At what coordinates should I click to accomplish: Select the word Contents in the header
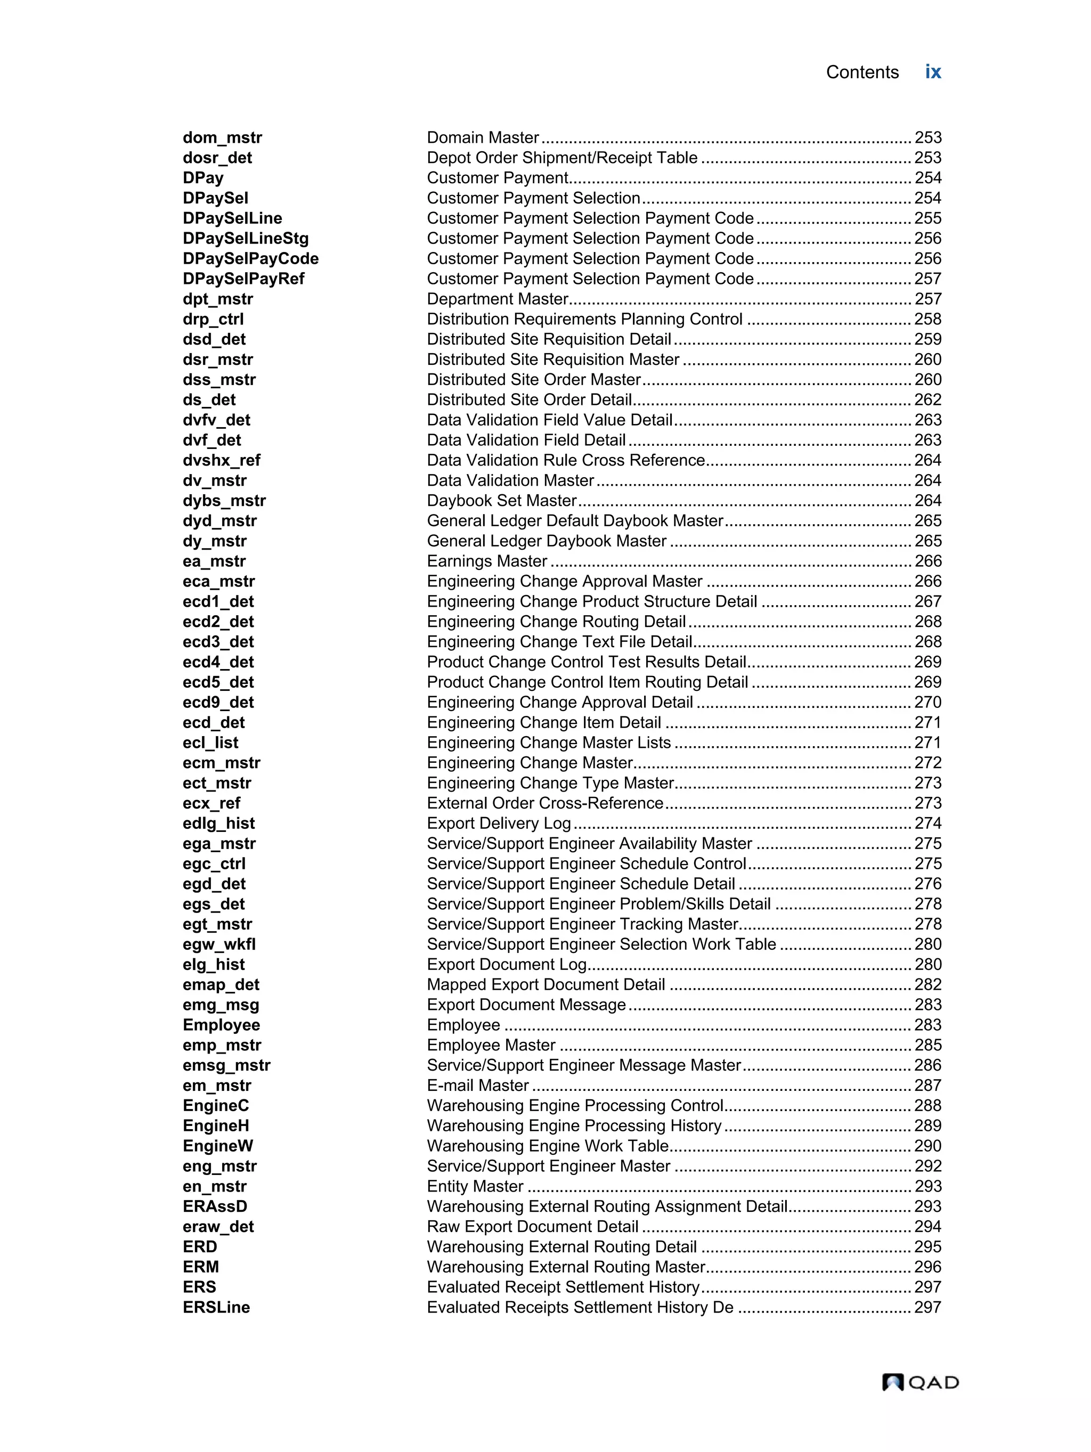[x=861, y=72]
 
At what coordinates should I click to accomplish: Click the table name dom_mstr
[x=222, y=138]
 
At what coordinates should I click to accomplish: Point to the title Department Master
[x=497, y=299]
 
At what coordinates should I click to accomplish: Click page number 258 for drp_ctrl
[x=927, y=319]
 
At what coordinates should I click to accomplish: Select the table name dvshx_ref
[x=221, y=460]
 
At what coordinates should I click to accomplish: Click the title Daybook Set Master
[x=501, y=500]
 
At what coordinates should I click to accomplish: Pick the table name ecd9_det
[x=218, y=703]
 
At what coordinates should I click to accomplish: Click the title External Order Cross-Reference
[x=545, y=803]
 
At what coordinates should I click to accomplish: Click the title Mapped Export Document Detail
[x=545, y=985]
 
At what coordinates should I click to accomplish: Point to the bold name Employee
[x=221, y=1025]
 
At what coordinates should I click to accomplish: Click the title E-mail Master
[x=478, y=1085]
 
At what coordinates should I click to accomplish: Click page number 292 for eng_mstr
[x=927, y=1166]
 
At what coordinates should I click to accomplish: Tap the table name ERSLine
[x=216, y=1307]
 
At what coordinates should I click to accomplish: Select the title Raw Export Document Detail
[x=532, y=1226]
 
